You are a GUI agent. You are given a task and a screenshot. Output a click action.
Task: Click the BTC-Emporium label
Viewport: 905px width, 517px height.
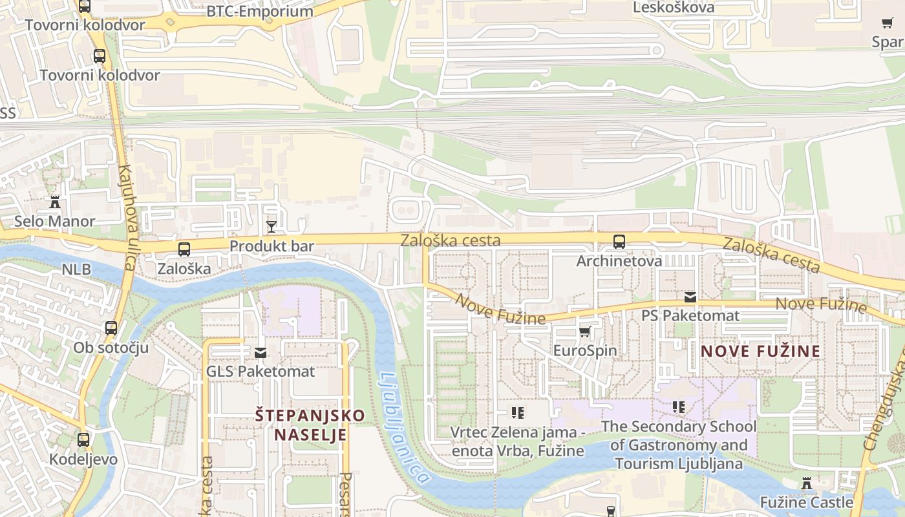[x=259, y=11]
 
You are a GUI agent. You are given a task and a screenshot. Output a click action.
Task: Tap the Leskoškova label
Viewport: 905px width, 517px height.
[x=674, y=8]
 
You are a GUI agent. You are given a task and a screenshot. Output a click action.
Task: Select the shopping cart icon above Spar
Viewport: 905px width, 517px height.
[x=888, y=23]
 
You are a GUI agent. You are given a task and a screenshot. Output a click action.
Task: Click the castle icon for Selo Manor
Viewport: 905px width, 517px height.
[x=55, y=202]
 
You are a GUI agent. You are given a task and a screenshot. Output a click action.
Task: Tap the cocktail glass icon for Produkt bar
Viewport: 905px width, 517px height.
[x=271, y=226]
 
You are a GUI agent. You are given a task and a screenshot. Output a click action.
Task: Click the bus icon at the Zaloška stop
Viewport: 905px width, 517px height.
[x=184, y=249]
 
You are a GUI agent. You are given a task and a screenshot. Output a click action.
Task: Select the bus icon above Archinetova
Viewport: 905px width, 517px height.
[x=619, y=242]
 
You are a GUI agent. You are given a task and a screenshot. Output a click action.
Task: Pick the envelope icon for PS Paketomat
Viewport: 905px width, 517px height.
[x=690, y=297]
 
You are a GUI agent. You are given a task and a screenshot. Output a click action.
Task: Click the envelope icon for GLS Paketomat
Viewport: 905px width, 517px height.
[x=261, y=353]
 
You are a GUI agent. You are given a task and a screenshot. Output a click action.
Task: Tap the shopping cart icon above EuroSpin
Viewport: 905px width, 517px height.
[x=585, y=332]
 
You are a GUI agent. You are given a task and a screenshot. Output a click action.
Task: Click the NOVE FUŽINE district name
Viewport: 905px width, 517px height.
[x=761, y=351]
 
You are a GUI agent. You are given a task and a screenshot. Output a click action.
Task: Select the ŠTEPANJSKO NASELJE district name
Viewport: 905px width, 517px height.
[x=310, y=424]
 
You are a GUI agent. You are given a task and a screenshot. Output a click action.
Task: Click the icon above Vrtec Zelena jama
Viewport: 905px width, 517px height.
[x=518, y=412]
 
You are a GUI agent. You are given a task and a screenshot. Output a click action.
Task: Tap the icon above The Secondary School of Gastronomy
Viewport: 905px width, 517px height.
[x=678, y=407]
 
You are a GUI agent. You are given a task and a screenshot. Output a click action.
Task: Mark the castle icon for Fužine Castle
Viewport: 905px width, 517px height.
[x=806, y=483]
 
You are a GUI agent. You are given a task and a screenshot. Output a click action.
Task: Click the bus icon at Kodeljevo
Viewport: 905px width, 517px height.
[x=83, y=440]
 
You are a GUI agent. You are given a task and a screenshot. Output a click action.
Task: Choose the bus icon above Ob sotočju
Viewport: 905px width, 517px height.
[x=111, y=328]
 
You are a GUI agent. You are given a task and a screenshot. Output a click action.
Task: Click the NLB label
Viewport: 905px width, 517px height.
[x=76, y=269]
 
